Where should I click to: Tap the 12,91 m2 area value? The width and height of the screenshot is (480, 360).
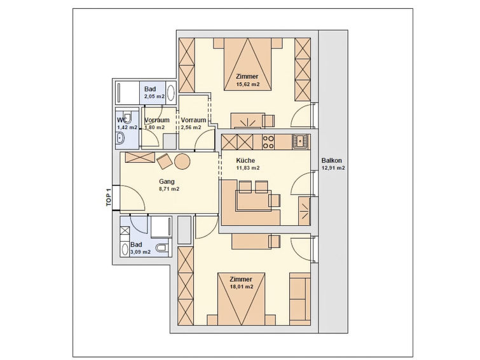click(x=333, y=169)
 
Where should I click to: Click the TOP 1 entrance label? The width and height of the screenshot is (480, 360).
click(x=109, y=197)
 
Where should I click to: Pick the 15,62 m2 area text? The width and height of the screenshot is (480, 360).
click(x=247, y=85)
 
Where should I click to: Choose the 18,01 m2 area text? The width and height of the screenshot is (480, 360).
click(x=242, y=287)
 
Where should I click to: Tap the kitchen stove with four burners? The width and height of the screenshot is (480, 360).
click(x=268, y=141)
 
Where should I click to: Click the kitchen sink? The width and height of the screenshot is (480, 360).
click(x=299, y=141)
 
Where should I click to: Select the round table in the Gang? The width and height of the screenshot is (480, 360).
click(x=182, y=162)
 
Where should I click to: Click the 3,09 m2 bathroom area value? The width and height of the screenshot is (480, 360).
click(x=140, y=253)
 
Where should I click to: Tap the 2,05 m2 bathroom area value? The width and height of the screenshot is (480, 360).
click(x=154, y=97)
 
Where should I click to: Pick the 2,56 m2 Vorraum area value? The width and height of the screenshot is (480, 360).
click(x=193, y=127)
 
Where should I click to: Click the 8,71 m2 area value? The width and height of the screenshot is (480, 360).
click(x=168, y=189)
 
